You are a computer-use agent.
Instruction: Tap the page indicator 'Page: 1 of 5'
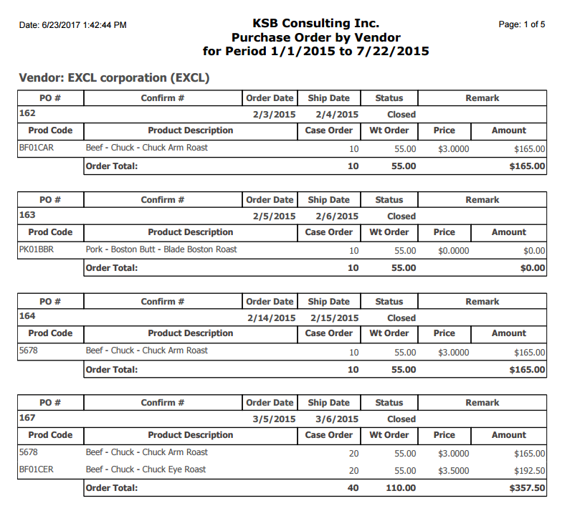pos(521,24)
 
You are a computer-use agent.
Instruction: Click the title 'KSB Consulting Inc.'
pos(315,24)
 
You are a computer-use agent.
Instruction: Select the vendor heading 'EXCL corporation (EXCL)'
pos(115,77)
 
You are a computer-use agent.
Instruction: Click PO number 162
pos(27,113)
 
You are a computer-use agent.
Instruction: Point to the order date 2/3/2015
pos(274,115)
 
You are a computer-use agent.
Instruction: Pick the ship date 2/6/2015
pos(337,216)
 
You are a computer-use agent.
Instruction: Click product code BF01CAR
pos(37,148)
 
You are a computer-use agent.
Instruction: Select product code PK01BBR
pos(37,249)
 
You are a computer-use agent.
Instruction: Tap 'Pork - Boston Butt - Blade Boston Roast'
pos(161,249)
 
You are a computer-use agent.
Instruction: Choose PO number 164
pos(27,316)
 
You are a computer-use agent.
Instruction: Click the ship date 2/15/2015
pos(334,318)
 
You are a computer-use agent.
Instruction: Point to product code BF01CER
pos(37,469)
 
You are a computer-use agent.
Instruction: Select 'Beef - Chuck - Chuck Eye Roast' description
pos(146,469)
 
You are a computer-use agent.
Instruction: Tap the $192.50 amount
pos(530,471)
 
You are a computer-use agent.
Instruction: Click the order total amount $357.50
pos(527,488)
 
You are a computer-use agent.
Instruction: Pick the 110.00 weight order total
pos(401,488)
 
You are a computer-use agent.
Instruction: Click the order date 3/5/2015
pos(274,419)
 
